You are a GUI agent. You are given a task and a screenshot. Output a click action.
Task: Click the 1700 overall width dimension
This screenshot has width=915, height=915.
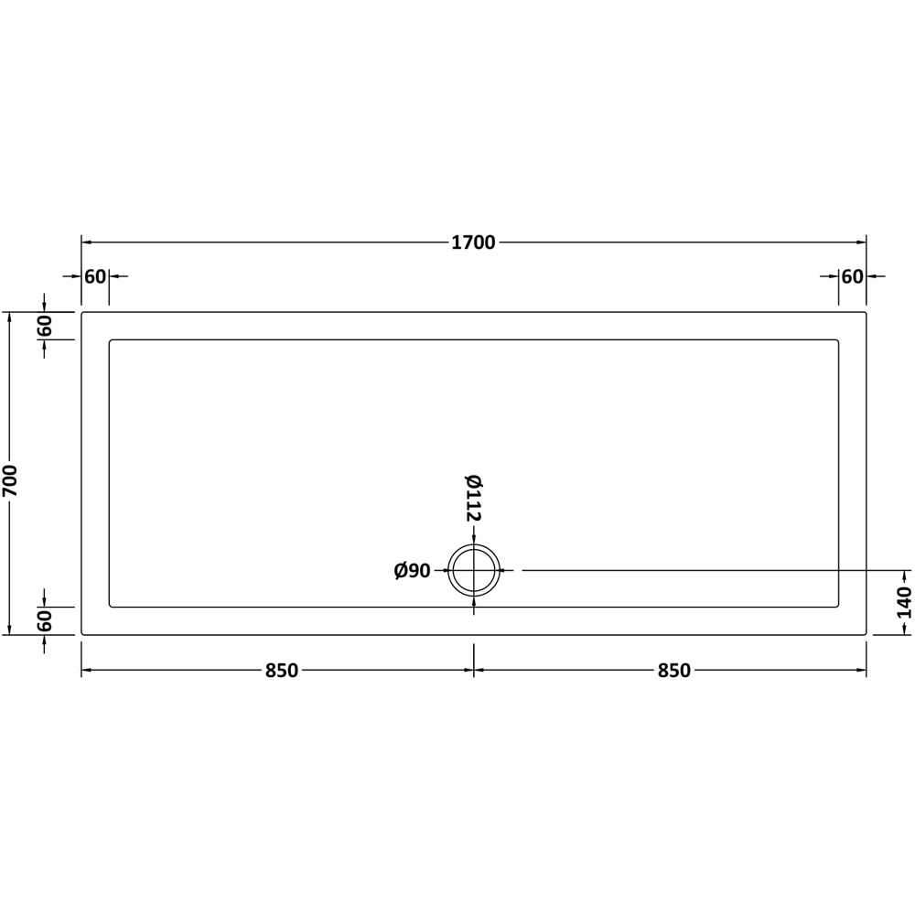click(473, 242)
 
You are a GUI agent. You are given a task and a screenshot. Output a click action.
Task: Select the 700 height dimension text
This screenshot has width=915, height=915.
click(10, 480)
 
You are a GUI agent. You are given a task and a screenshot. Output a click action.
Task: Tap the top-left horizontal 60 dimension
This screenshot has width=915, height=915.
click(95, 276)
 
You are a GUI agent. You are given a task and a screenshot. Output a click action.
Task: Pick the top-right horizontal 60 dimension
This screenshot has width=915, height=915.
click(852, 276)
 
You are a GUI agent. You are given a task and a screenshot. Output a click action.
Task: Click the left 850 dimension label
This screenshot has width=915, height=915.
click(282, 671)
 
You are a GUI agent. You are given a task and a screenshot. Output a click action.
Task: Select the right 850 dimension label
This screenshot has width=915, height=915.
click(673, 671)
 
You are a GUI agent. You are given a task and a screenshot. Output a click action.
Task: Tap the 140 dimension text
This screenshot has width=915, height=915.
click(905, 603)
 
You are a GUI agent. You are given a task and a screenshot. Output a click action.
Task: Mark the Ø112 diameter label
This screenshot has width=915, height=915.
click(473, 498)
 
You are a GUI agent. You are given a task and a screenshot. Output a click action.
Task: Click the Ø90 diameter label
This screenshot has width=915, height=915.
click(413, 571)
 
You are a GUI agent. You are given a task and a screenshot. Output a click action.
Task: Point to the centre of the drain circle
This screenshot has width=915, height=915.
click(474, 571)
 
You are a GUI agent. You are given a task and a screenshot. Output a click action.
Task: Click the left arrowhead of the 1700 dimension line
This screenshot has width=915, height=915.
click(85, 242)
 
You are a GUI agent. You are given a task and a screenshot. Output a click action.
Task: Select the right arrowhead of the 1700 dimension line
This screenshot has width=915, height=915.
click(862, 242)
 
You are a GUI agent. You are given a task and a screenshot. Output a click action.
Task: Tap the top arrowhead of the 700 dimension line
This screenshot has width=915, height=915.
click(10, 317)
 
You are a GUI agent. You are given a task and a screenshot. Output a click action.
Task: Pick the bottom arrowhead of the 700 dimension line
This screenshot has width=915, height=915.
click(10, 630)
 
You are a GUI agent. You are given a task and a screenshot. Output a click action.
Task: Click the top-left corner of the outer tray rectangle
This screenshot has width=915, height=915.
click(82, 313)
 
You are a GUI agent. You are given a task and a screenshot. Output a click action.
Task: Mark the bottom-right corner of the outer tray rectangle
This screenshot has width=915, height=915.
click(866, 634)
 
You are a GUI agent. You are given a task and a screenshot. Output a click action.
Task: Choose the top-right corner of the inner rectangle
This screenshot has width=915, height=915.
click(838, 340)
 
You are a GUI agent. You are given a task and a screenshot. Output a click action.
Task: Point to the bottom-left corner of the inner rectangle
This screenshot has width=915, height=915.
click(110, 606)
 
